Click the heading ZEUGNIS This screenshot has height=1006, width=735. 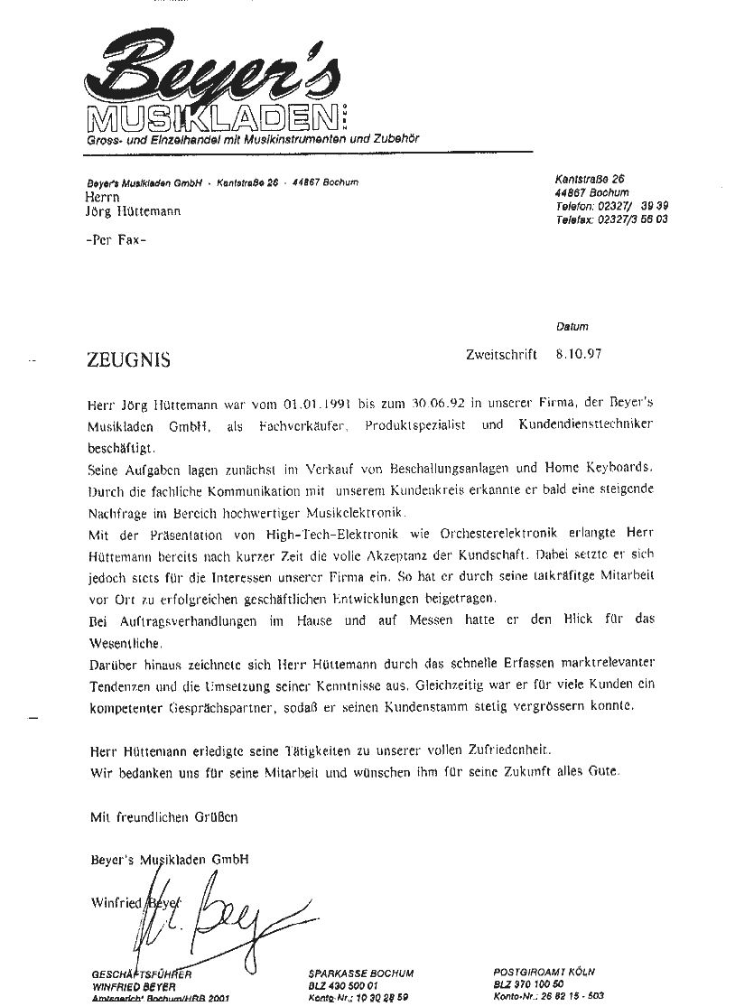coord(128,359)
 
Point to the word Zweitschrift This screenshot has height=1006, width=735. coord(502,354)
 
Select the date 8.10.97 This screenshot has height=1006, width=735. coord(573,354)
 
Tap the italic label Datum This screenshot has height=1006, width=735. coord(572,327)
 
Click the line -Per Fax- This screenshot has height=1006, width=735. coord(115,241)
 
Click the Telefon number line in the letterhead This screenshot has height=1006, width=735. coord(611,206)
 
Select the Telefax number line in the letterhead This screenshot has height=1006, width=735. coord(611,219)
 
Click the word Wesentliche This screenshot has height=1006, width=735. coord(125,643)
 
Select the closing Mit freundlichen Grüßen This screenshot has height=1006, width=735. coord(163,817)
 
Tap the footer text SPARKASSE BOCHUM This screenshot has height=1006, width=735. coord(360,973)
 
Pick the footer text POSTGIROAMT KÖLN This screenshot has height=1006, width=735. coord(544,972)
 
